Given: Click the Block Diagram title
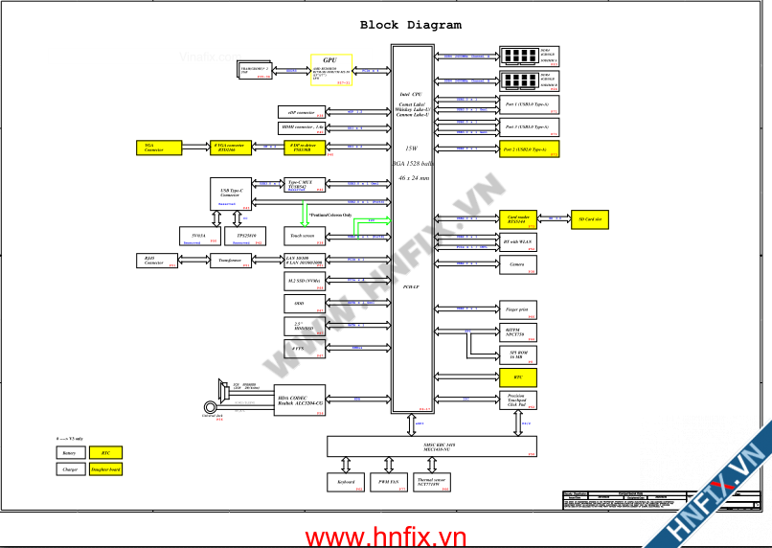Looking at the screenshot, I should (410, 25).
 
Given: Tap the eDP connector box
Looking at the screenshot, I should (300, 112).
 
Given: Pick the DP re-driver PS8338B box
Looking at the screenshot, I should (307, 147).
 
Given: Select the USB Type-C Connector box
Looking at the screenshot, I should (230, 194).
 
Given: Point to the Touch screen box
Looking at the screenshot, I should (307, 236).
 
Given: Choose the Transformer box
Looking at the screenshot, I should (230, 260).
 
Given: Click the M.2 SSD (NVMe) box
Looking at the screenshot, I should (307, 281).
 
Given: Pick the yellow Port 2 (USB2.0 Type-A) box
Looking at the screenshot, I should (529, 149).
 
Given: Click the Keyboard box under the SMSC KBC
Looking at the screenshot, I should (347, 483).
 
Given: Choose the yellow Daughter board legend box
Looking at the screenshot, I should (105, 469).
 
